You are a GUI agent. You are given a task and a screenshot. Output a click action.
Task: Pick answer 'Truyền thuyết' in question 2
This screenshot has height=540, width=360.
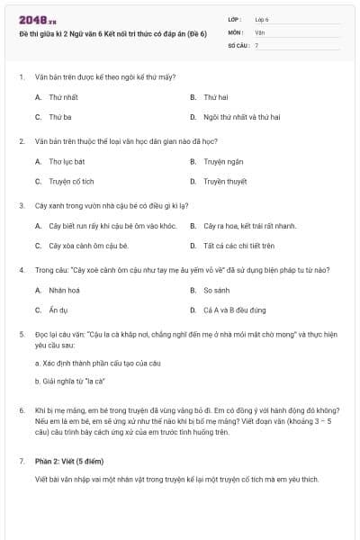pos(225,181)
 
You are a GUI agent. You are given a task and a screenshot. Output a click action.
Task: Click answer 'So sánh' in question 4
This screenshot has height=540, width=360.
pos(217,290)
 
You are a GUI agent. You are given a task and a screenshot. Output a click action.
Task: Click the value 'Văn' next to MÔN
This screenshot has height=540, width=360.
pos(260,31)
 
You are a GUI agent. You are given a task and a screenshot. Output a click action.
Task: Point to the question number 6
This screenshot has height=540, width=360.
pos(22,409)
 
